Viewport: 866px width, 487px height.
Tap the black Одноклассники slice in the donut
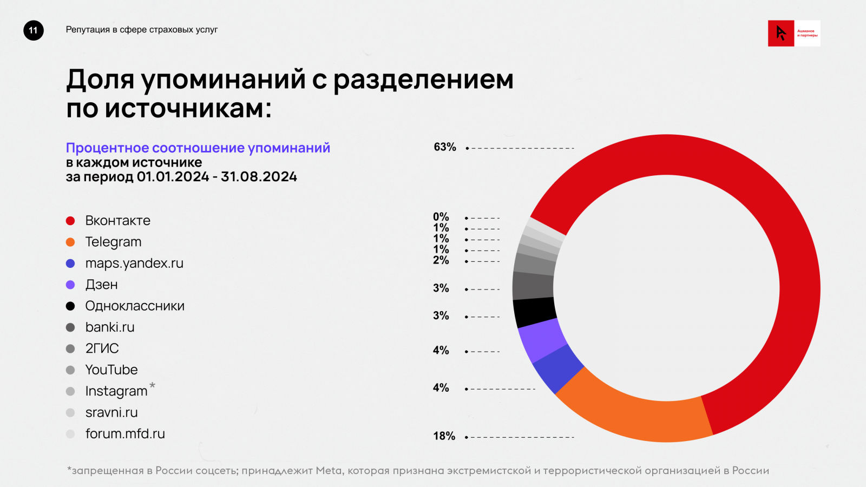coord(534,312)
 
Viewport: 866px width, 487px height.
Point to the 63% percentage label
coord(445,147)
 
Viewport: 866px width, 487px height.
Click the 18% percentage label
coord(444,436)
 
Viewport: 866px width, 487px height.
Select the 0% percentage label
coord(441,217)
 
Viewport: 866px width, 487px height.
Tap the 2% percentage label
coord(441,260)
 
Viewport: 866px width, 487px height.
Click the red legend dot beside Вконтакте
coord(70,221)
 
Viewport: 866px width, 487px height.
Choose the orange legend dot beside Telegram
coord(70,242)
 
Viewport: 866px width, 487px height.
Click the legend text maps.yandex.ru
coord(134,264)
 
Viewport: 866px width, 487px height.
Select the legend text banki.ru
coord(110,327)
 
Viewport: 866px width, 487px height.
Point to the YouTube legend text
coord(111,370)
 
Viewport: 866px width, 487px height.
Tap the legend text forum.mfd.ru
coord(125,434)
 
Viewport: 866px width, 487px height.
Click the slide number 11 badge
coord(34,30)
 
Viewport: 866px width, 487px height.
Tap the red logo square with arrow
coord(781,34)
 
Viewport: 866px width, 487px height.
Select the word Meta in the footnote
coord(329,471)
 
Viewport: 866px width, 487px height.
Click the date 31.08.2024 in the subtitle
coord(259,177)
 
